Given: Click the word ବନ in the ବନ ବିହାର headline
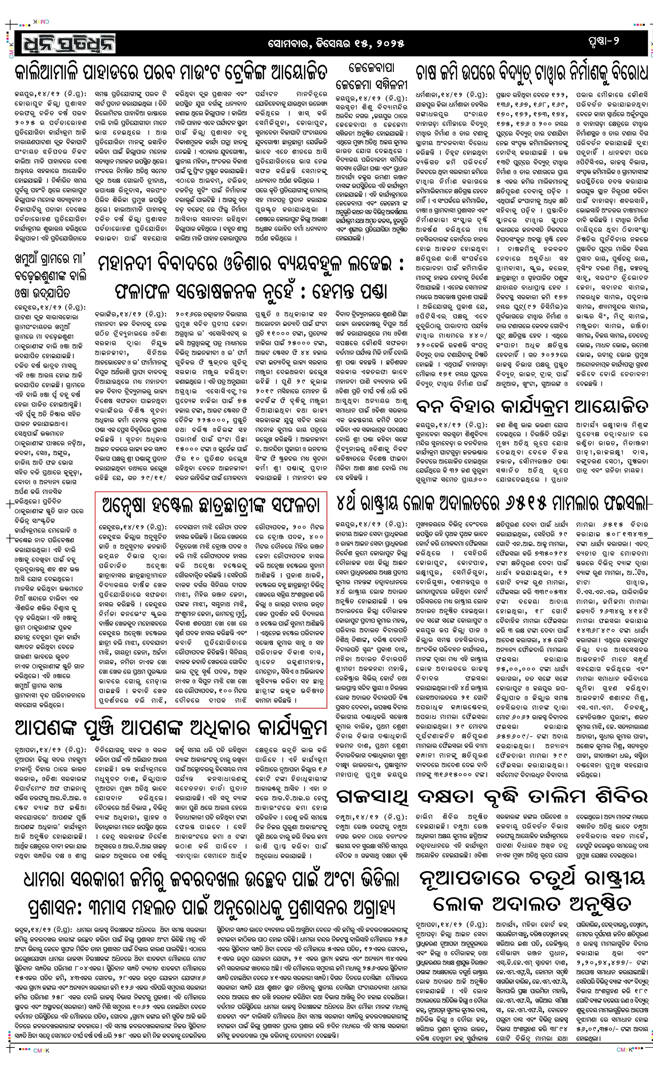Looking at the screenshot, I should click(x=429, y=408).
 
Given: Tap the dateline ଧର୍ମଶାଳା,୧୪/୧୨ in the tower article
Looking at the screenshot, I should click(x=438, y=94).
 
